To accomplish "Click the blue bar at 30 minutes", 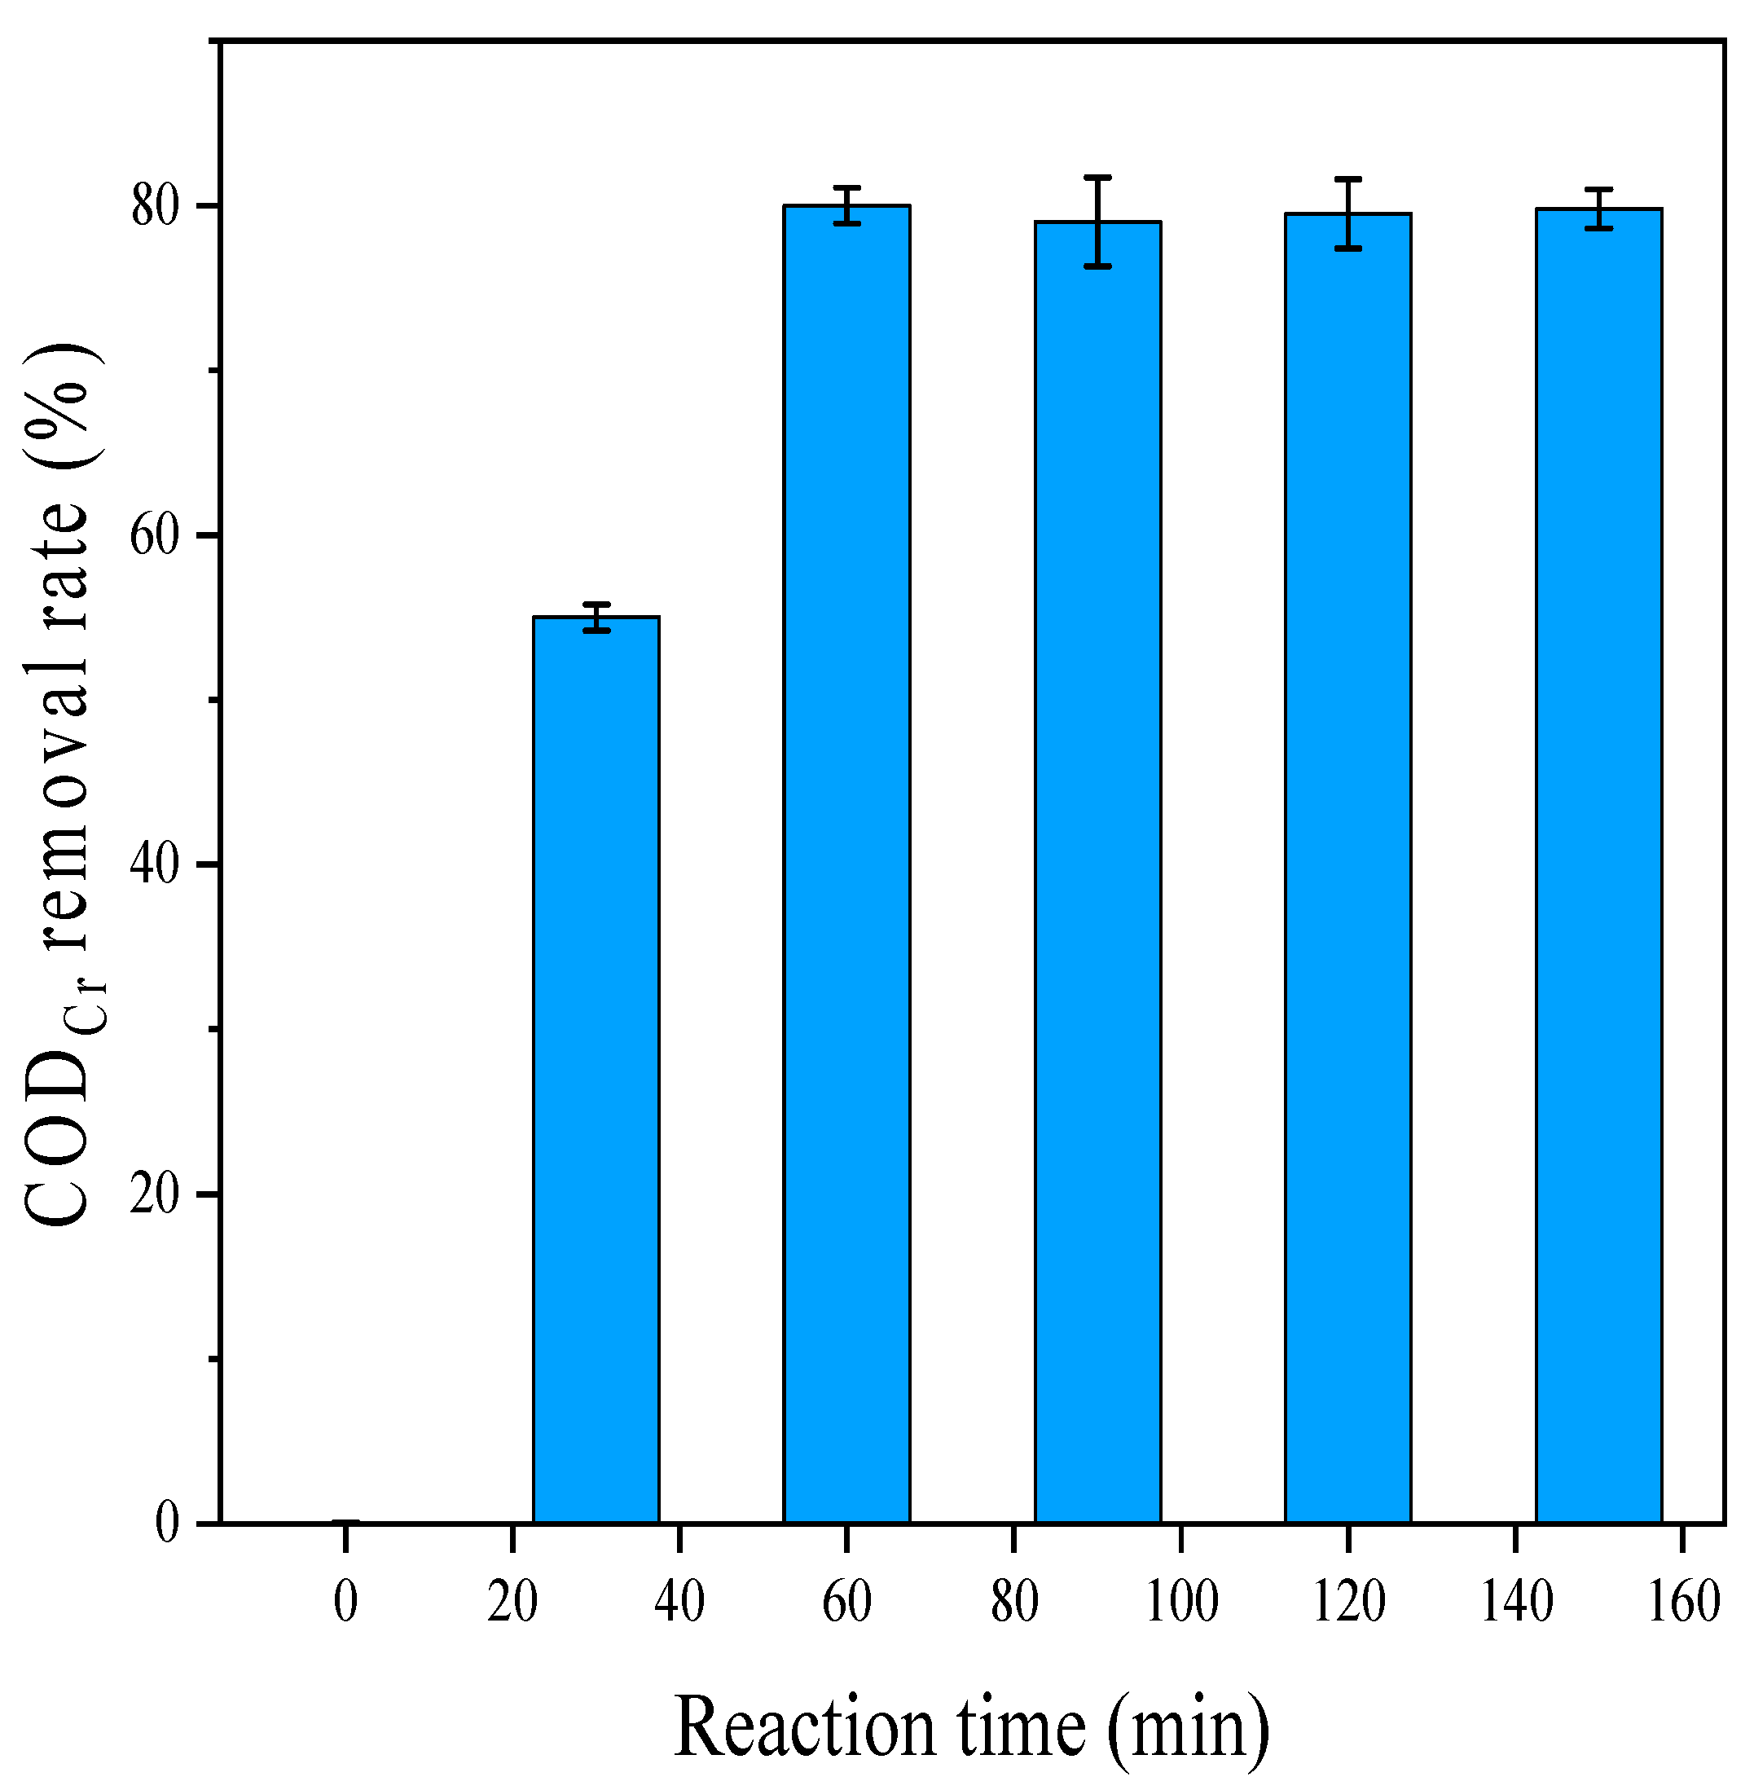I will [596, 1069].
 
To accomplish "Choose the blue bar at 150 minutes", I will [1598, 865].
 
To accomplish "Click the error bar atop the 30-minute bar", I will [596, 618].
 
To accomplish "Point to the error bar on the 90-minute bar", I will [1097, 221].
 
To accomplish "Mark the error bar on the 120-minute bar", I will [1347, 213].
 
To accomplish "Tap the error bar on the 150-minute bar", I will [1598, 209].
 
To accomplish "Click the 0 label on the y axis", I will [167, 1523].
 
